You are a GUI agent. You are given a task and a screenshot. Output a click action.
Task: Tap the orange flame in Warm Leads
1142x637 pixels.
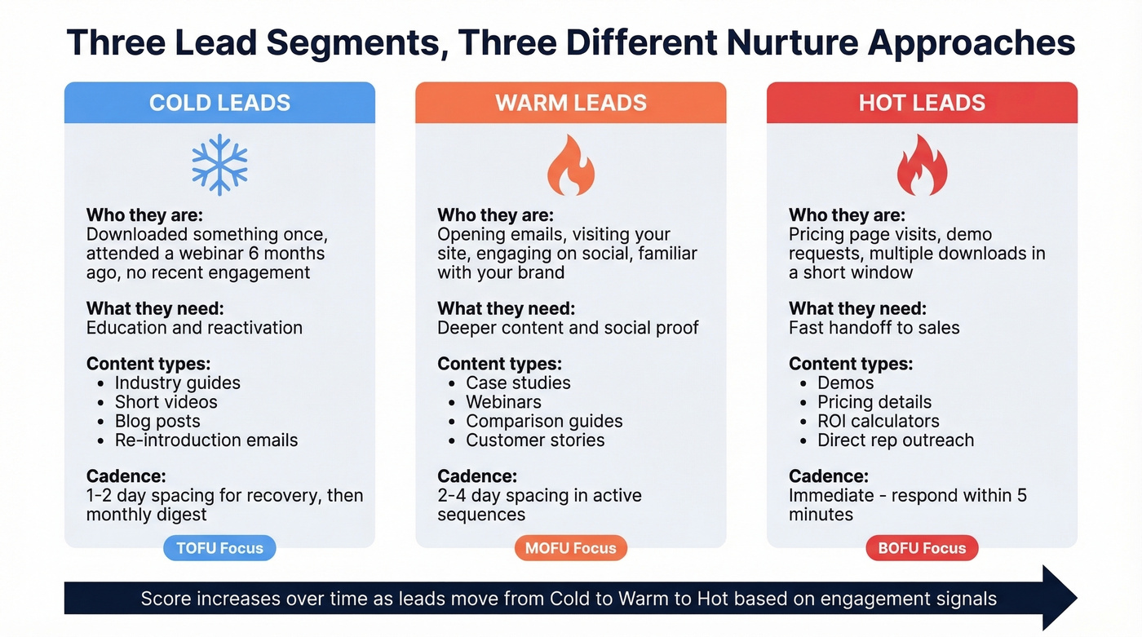(x=570, y=166)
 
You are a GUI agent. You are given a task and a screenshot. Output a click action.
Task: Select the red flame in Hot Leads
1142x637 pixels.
(x=922, y=166)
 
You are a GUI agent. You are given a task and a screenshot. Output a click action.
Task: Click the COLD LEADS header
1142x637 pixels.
(x=219, y=103)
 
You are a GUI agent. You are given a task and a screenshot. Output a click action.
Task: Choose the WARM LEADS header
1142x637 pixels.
(x=570, y=103)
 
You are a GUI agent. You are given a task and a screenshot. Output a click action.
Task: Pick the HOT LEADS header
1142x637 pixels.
(x=922, y=103)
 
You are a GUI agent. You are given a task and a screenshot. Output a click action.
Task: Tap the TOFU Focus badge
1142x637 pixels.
(x=219, y=548)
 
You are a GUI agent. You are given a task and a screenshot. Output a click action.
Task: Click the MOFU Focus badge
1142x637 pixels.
(x=570, y=548)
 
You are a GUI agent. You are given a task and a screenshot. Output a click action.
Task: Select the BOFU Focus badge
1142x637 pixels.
(x=922, y=548)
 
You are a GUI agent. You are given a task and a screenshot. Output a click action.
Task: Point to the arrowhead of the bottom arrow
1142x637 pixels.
(x=1060, y=599)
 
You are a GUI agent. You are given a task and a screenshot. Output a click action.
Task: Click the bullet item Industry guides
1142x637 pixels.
(x=177, y=383)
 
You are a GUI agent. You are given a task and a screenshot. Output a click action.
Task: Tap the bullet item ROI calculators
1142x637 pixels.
(x=878, y=421)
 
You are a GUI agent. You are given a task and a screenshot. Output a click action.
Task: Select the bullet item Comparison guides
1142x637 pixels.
(x=544, y=421)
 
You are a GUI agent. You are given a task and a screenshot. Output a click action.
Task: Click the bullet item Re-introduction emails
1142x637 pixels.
(x=206, y=440)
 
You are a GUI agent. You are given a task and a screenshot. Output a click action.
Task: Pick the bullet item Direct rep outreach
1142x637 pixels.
(x=896, y=440)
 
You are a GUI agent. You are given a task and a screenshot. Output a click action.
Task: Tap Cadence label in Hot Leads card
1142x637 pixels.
(x=828, y=476)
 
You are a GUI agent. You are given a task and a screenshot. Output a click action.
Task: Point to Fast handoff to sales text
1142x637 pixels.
(x=874, y=328)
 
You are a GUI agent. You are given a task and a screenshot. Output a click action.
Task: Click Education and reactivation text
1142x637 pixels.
(x=194, y=328)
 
